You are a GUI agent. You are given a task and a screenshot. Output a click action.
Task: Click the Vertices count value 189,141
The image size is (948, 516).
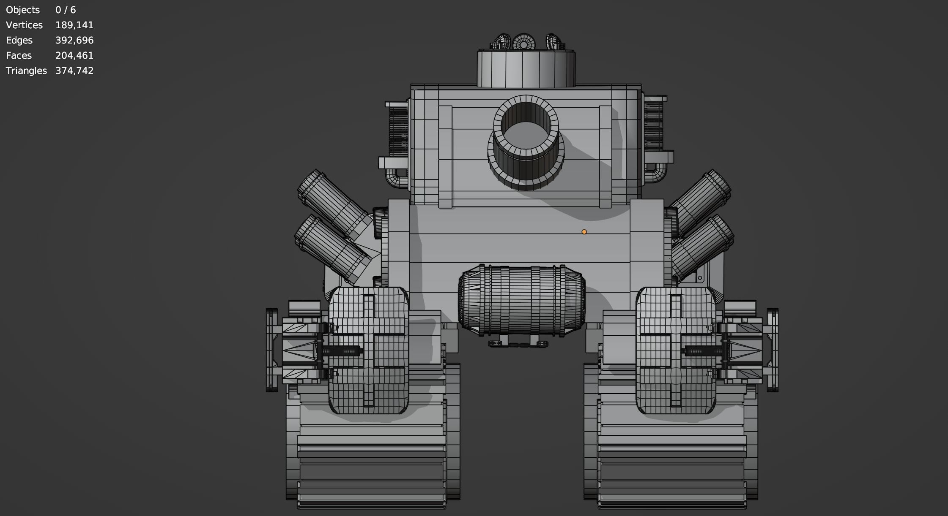coord(74,25)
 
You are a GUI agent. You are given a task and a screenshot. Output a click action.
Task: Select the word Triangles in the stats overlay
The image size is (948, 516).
coord(26,71)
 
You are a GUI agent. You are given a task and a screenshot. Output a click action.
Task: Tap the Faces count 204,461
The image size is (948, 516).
coord(74,56)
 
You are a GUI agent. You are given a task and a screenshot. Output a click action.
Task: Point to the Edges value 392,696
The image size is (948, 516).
coord(74,41)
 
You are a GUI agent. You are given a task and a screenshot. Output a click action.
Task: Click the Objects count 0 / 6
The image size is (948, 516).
coord(65,10)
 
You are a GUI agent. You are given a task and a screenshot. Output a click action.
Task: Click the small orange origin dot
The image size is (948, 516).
coord(584,232)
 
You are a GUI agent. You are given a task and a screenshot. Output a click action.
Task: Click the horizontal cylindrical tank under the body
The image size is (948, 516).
coord(522,300)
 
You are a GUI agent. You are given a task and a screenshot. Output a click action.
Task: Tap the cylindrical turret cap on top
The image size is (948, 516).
coord(526,69)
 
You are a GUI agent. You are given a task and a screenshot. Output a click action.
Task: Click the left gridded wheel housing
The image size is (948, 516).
coord(368,350)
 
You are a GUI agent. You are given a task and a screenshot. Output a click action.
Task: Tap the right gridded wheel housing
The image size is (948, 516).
coord(676,350)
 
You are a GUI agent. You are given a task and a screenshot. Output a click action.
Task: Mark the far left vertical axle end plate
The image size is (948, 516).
coord(271,350)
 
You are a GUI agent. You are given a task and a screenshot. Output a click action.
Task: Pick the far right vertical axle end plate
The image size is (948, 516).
coord(773,350)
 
